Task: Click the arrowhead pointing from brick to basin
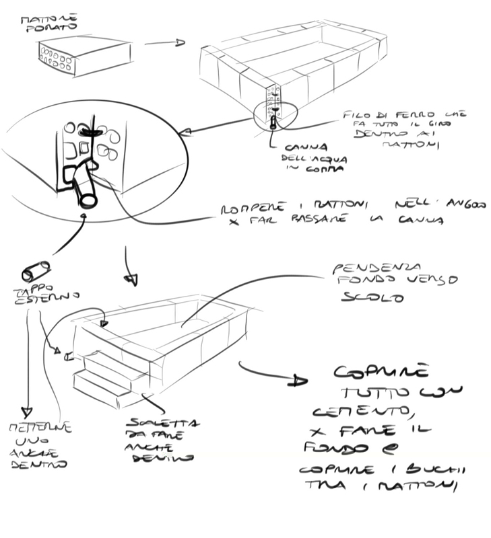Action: [178, 43]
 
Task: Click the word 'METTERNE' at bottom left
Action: [40, 428]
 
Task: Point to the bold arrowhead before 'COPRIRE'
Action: [295, 381]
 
